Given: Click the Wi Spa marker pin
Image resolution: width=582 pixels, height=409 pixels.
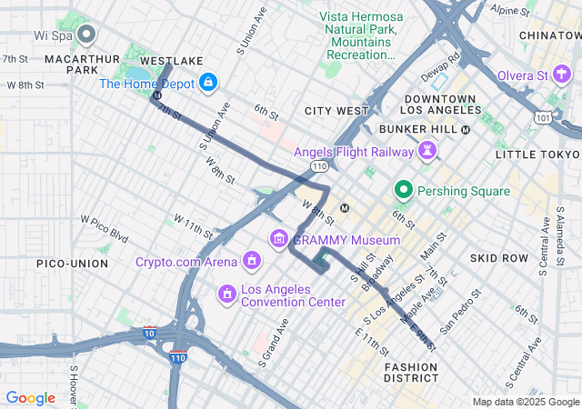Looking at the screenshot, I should (87, 35).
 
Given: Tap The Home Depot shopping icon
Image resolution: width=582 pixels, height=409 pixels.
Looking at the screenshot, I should (208, 84).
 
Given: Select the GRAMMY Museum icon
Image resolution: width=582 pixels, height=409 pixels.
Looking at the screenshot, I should (279, 239).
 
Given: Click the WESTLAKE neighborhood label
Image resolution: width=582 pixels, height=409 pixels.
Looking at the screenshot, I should (172, 61).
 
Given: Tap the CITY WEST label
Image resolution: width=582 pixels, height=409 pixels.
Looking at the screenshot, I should (336, 111).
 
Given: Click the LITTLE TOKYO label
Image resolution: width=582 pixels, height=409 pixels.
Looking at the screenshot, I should (537, 155).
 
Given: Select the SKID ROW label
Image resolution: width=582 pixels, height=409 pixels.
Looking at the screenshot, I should (499, 258).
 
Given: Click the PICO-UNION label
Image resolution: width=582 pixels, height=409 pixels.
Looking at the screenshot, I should (72, 263).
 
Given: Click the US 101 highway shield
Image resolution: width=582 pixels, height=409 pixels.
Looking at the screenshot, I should (543, 117).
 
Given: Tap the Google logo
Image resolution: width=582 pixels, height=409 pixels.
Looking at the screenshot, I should (30, 397).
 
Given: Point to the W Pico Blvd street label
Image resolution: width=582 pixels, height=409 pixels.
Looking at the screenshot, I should (105, 225).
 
